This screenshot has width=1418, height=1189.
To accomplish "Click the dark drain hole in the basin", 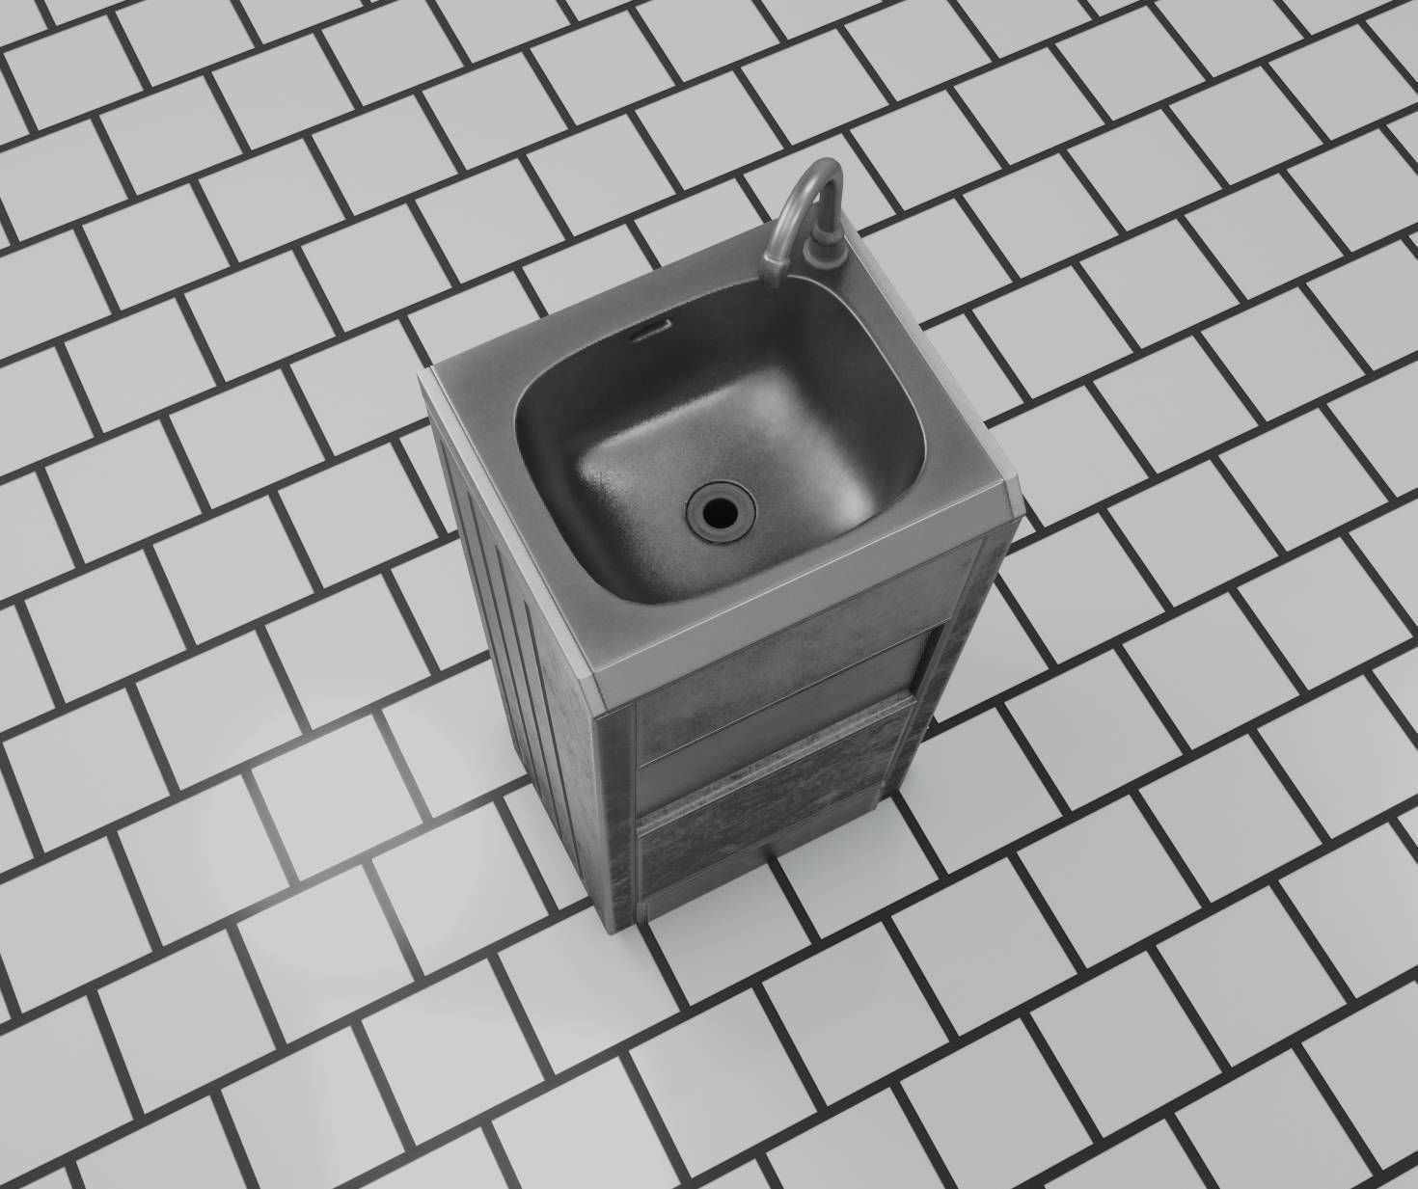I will (x=719, y=511).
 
